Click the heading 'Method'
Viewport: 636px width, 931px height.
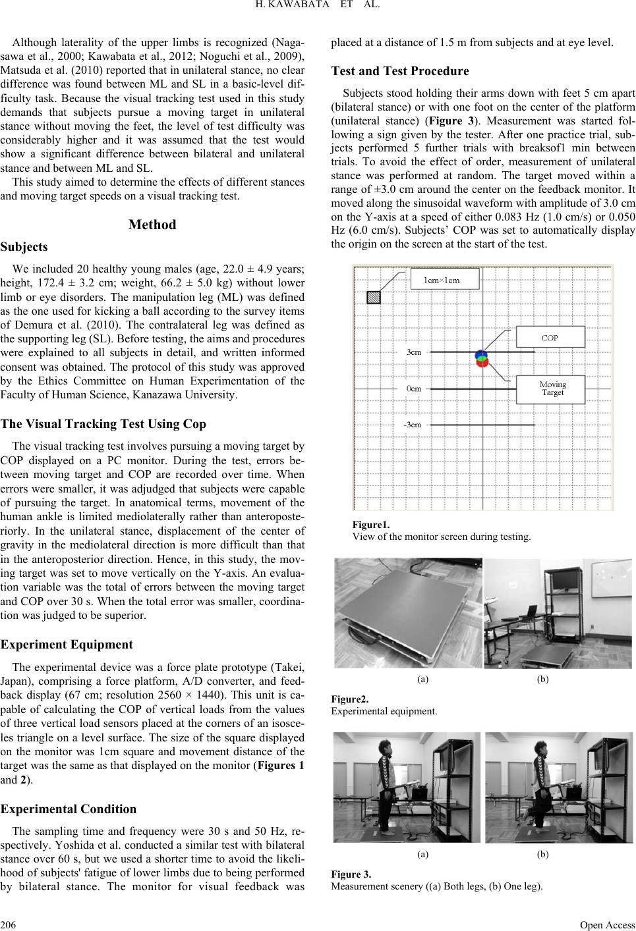click(x=152, y=225)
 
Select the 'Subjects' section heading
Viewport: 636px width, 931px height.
click(x=25, y=247)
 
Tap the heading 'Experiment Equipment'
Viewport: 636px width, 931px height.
click(x=67, y=645)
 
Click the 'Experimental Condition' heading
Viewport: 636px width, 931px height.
click(x=69, y=809)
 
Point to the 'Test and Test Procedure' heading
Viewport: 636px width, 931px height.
click(x=400, y=70)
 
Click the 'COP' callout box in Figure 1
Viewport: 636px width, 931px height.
click(x=550, y=338)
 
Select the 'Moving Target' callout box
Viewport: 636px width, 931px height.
click(x=552, y=388)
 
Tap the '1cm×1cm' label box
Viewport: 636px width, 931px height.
click(x=442, y=280)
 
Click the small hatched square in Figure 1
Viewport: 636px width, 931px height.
click(x=374, y=297)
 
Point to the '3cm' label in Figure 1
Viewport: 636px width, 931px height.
click(x=413, y=352)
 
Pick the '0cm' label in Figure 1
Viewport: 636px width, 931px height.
click(x=413, y=388)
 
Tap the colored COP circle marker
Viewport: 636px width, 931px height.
click(x=482, y=358)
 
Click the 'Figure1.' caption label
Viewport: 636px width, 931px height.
click(x=371, y=525)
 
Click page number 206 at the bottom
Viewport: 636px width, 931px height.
click(x=9, y=924)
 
